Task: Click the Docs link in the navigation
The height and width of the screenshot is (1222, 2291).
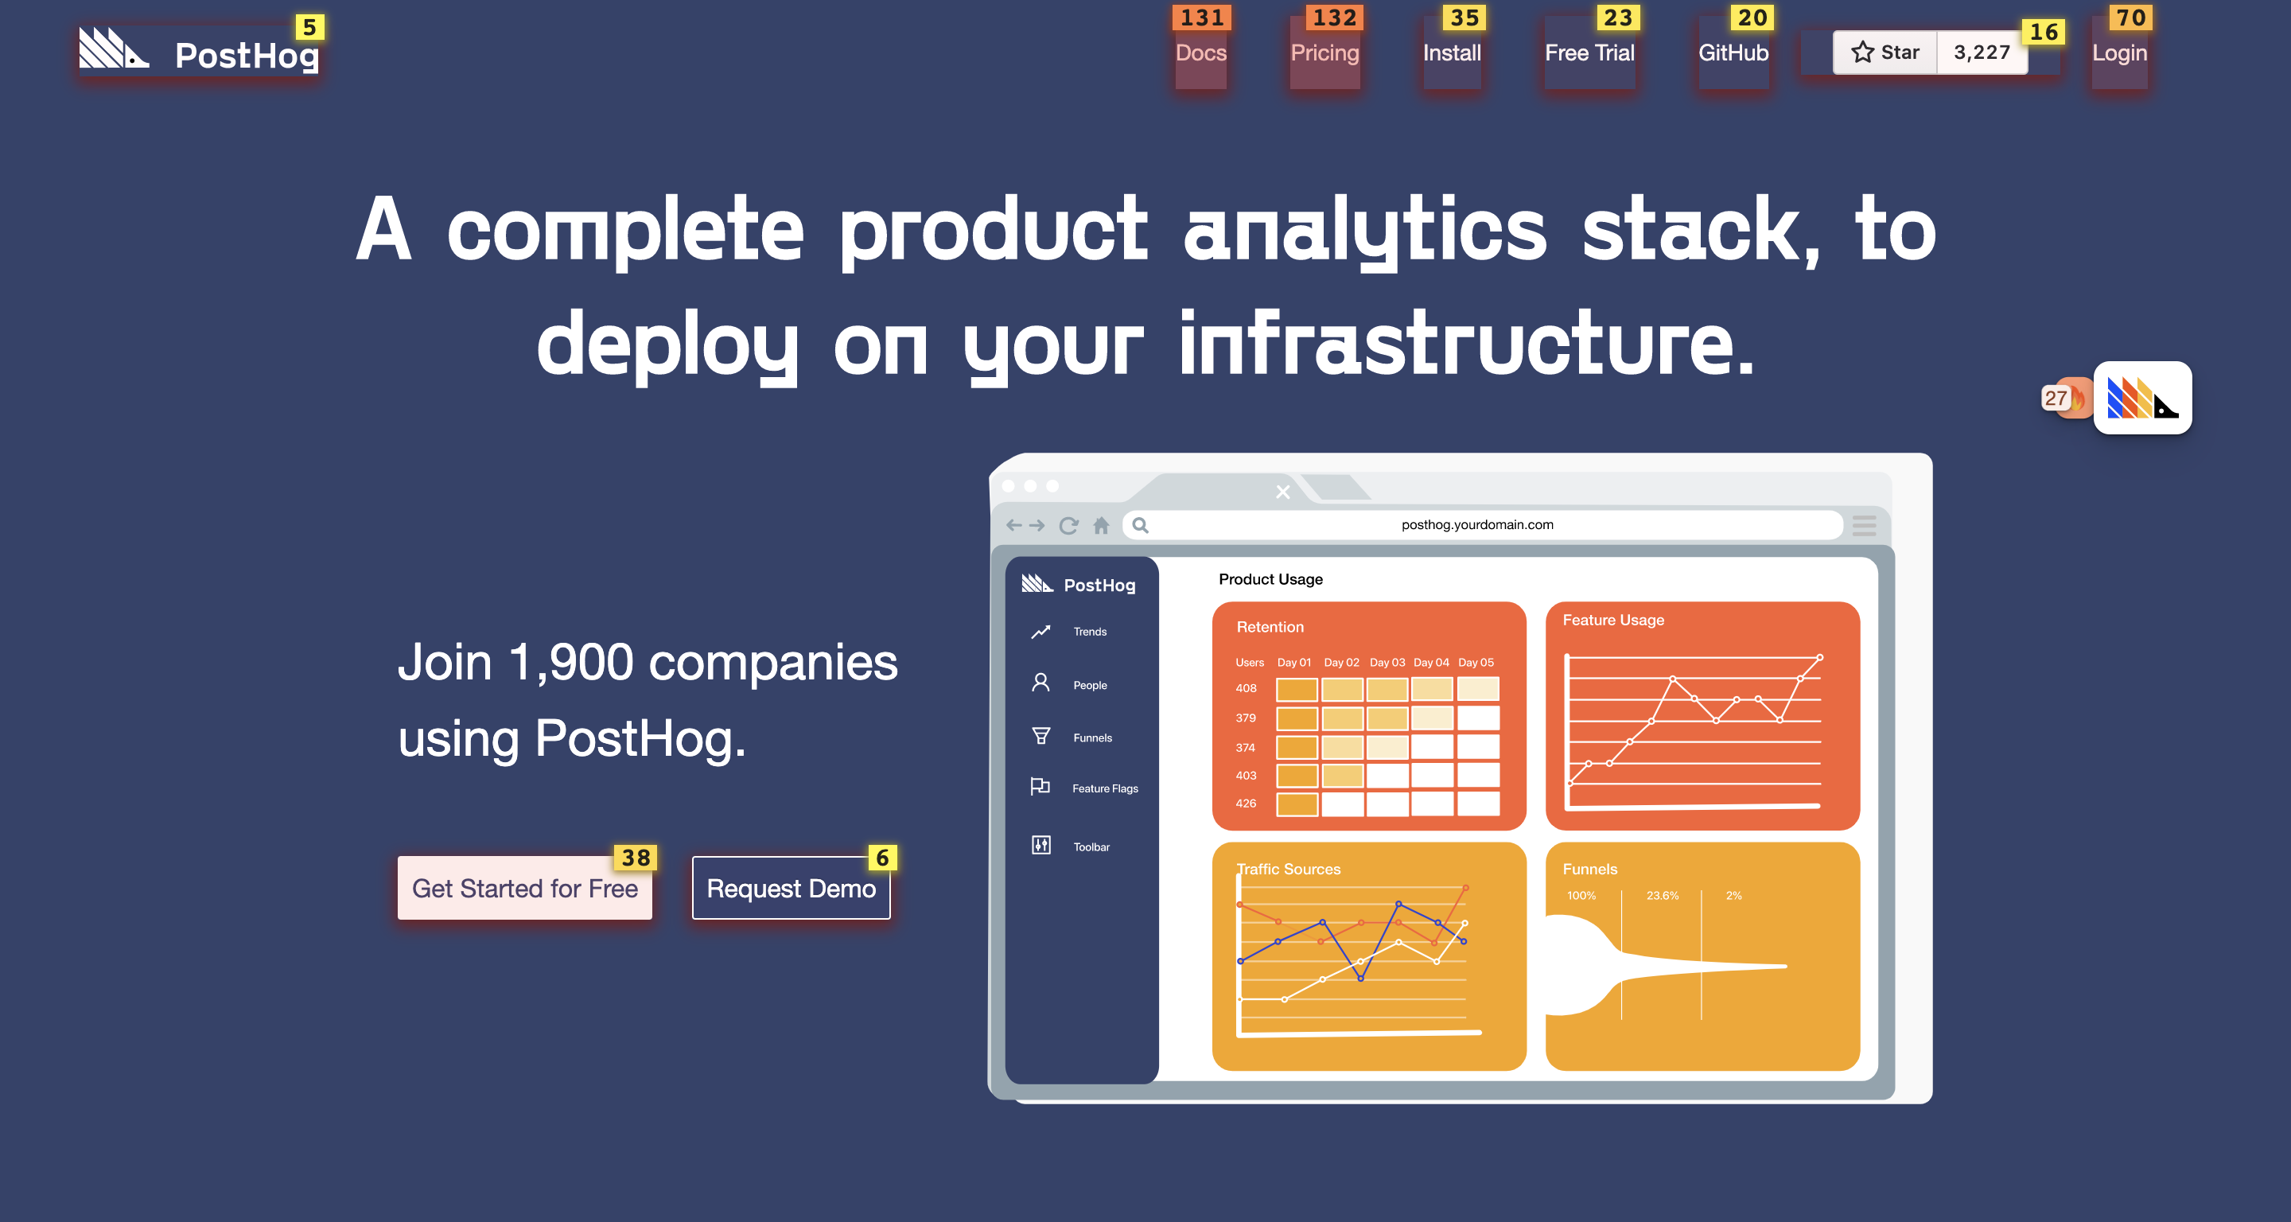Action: click(x=1200, y=53)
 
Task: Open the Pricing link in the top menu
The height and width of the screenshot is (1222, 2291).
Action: click(x=1324, y=53)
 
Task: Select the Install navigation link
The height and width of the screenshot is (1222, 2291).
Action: click(x=1452, y=53)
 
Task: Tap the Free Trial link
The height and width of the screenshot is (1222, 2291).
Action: click(x=1589, y=53)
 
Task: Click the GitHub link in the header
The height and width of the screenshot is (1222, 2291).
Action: click(x=1733, y=53)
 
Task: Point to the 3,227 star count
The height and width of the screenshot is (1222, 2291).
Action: click(x=1982, y=53)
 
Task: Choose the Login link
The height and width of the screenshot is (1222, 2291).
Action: click(x=2119, y=53)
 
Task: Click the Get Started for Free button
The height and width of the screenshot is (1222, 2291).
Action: click(x=525, y=888)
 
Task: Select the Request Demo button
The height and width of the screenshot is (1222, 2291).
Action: click(x=791, y=888)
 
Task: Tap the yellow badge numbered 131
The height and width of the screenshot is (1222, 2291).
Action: click(x=1201, y=18)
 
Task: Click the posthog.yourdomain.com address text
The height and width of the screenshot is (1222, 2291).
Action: click(x=1477, y=525)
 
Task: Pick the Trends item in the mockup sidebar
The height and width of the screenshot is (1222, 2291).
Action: click(x=1090, y=632)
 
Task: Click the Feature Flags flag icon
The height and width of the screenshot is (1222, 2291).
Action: click(x=1040, y=786)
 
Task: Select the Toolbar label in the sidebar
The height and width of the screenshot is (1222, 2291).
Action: click(x=1091, y=846)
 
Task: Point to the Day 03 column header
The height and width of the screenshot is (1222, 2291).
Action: click(x=1387, y=663)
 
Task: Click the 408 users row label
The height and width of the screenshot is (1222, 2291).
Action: click(x=1245, y=688)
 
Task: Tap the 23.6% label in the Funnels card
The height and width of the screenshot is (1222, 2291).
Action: click(x=1663, y=896)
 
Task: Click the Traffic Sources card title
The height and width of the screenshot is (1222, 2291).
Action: click(x=1288, y=869)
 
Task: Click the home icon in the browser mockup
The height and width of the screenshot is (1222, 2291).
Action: click(x=1101, y=526)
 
